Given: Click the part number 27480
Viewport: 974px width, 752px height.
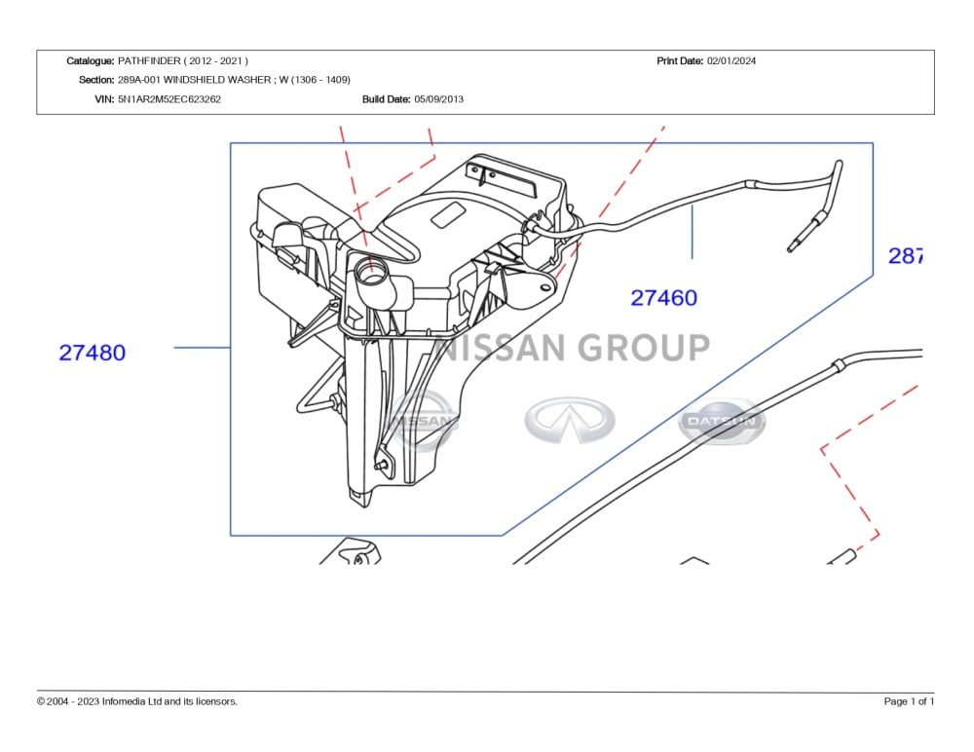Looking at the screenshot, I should pyautogui.click(x=93, y=353).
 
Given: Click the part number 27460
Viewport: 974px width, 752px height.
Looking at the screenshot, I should pyautogui.click(x=663, y=298).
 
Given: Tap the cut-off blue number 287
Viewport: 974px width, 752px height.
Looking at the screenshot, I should pyautogui.click(x=905, y=256).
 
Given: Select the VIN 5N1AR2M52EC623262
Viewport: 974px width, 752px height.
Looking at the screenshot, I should pyautogui.click(x=169, y=99).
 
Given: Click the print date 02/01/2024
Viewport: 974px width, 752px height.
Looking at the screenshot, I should pyautogui.click(x=731, y=60).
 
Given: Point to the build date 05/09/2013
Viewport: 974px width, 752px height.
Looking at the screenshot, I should pyautogui.click(x=439, y=99).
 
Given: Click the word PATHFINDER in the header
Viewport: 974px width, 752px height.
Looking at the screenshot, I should pyautogui.click(x=149, y=60).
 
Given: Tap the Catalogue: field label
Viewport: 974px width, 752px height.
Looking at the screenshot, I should pyautogui.click(x=91, y=60).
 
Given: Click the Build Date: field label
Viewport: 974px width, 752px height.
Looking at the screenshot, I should pyautogui.click(x=386, y=99).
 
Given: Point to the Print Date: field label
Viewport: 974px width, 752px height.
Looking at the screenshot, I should pyautogui.click(x=680, y=60).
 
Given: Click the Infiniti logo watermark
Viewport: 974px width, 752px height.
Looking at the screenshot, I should pyautogui.click(x=570, y=421).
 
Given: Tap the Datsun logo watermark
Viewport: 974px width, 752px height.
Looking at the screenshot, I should pyautogui.click(x=722, y=421).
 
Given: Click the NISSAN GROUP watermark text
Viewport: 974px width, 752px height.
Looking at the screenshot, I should pyautogui.click(x=575, y=348).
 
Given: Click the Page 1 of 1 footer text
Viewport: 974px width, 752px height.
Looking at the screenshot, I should pyautogui.click(x=909, y=701).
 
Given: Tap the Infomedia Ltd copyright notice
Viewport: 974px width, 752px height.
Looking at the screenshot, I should pyautogui.click(x=137, y=701).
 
